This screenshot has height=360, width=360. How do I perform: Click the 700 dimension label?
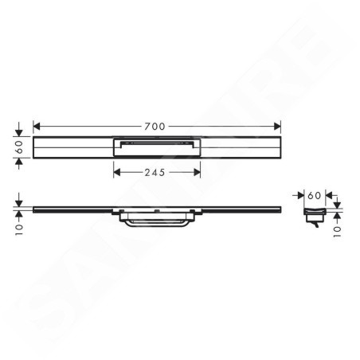[x=155, y=127]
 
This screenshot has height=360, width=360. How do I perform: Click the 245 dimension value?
[x=155, y=173]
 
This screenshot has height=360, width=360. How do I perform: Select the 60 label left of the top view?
[x=19, y=147]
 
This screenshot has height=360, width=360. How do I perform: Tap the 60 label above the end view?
[x=315, y=196]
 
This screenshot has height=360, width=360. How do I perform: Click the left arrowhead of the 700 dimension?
[x=37, y=127]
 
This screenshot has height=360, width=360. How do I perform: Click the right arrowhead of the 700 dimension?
[x=277, y=127]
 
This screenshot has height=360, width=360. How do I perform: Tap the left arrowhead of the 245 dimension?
[x=117, y=173]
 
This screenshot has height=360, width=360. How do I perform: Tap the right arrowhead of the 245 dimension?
[x=197, y=173]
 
